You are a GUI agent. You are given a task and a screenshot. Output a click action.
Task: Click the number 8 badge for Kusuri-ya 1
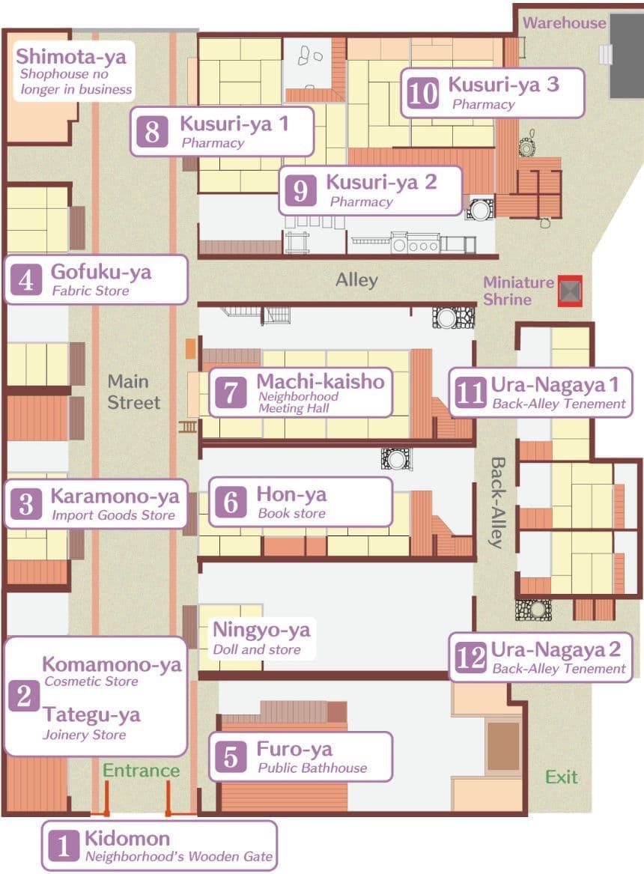click(152, 132)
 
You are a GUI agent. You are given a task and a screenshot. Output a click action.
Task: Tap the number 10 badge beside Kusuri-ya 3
click(422, 93)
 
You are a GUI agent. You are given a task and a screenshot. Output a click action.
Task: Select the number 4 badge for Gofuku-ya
click(26, 280)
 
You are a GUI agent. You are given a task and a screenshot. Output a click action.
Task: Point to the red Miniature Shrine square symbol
click(570, 291)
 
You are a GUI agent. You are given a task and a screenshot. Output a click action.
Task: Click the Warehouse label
click(564, 23)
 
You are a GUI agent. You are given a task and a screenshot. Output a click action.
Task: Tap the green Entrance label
click(141, 771)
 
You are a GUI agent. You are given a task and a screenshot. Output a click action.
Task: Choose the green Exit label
click(561, 777)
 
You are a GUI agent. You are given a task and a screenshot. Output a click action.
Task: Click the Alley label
click(356, 280)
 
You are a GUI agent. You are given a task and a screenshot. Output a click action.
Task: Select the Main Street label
click(134, 392)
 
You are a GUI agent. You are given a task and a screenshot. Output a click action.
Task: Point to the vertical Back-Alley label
click(497, 503)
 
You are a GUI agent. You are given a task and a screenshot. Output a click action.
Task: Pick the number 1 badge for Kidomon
click(64, 846)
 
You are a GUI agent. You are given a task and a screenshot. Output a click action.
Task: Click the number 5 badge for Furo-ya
click(231, 757)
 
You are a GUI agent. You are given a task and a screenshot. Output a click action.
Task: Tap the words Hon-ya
click(291, 494)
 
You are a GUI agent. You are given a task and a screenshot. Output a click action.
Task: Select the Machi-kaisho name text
click(321, 381)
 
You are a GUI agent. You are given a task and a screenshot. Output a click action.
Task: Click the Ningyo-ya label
click(261, 630)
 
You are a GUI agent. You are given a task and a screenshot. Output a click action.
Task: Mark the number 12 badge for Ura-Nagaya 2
click(471, 657)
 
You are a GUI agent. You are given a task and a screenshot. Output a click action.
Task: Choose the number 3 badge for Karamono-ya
click(26, 504)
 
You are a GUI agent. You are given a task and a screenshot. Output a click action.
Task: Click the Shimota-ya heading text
click(70, 56)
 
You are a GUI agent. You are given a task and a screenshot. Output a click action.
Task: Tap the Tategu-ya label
click(91, 715)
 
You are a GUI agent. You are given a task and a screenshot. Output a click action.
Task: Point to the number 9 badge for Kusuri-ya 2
click(301, 191)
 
